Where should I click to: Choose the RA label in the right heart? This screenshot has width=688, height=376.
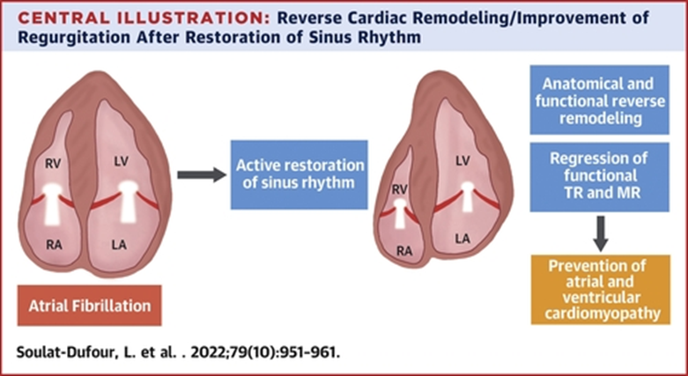click(x=404, y=251)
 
